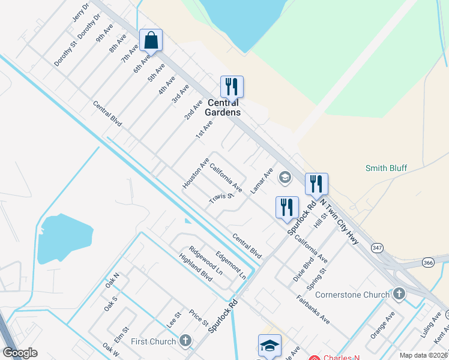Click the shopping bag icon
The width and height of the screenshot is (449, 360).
[151, 41]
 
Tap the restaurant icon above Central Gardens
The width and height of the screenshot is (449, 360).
[231, 87]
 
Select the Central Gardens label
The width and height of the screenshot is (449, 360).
[223, 107]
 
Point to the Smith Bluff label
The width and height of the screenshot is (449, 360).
[387, 169]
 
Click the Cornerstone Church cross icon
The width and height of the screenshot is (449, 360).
[400, 294]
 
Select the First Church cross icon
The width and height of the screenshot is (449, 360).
[185, 341]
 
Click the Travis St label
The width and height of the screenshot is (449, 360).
[220, 198]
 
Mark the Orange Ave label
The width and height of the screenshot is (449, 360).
[382, 325]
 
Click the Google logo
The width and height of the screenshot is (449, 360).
[20, 353]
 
